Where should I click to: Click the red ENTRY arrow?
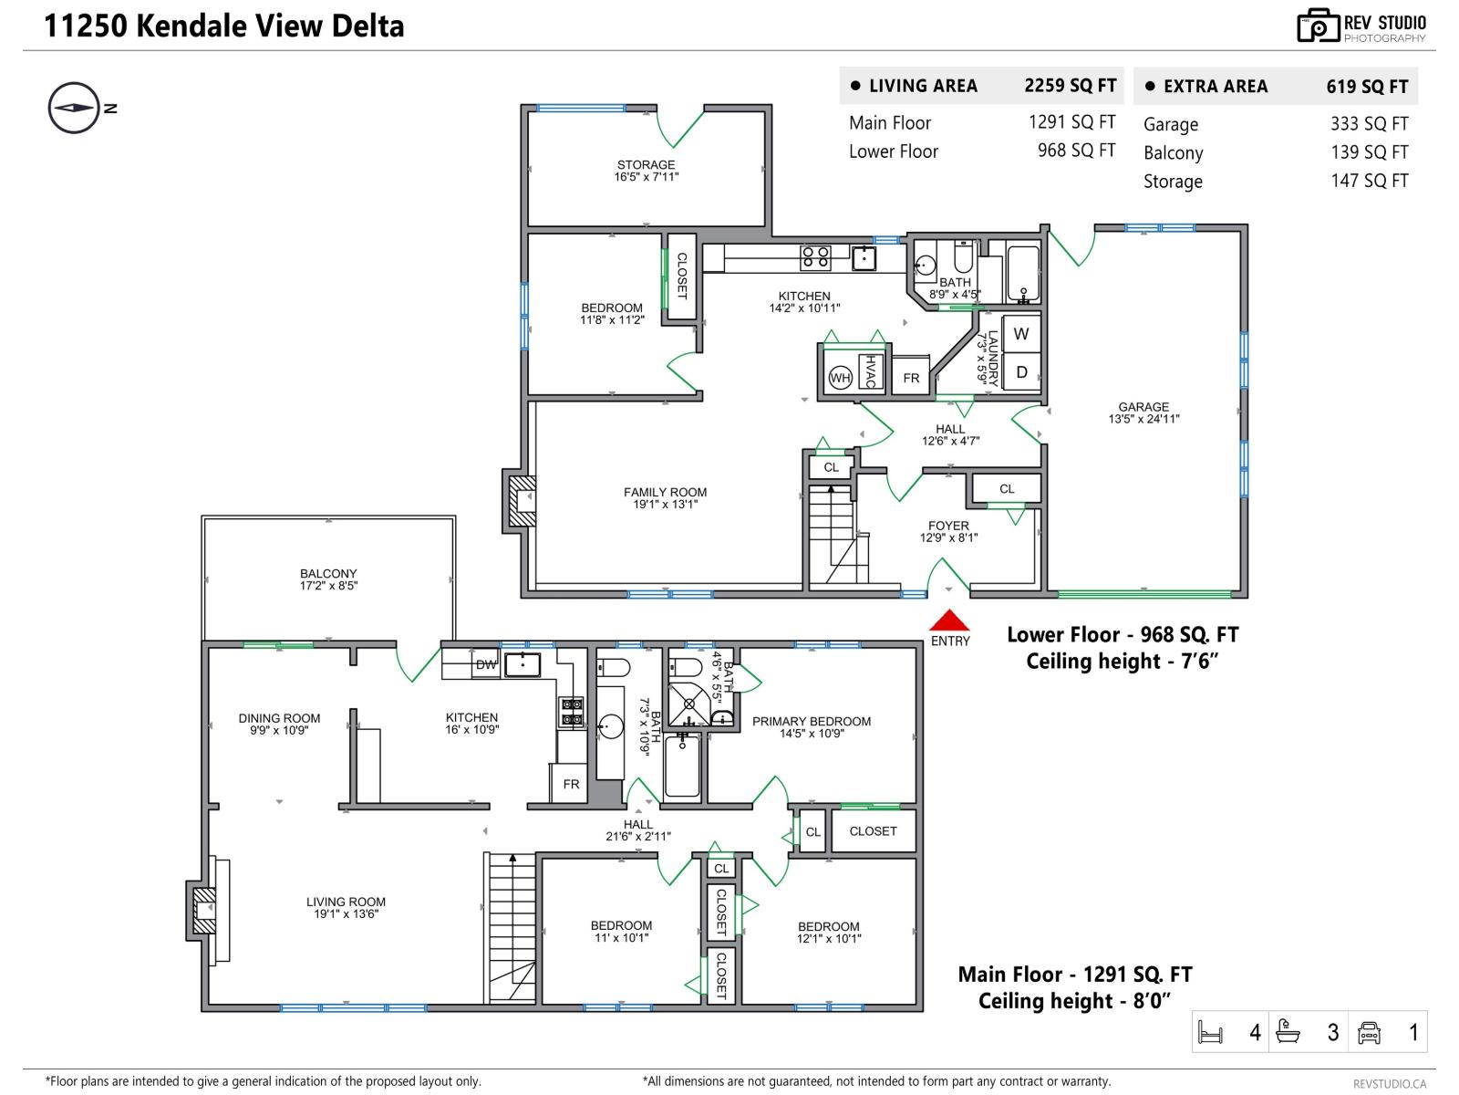pos(949,620)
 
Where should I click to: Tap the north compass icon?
pos(73,108)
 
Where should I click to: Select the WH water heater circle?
pos(840,378)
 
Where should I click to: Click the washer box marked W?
pos(1021,334)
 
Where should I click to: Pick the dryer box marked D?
pos(1021,372)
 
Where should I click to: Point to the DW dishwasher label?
pos(485,664)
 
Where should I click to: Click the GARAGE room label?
pos(1143,407)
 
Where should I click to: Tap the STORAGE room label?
pos(646,165)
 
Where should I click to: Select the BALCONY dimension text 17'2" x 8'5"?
pos(328,586)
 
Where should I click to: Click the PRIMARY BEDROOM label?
pos(811,721)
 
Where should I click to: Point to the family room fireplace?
pos(521,501)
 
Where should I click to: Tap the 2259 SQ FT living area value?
pos(1070,86)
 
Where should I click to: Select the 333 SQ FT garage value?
pos(1368,124)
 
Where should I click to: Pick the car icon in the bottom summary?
pos(1369,1032)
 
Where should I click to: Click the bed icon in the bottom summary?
pos(1210,1033)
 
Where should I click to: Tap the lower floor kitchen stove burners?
pos(815,258)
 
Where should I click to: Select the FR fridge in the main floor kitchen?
pos(571,784)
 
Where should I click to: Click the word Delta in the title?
pos(369,26)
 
